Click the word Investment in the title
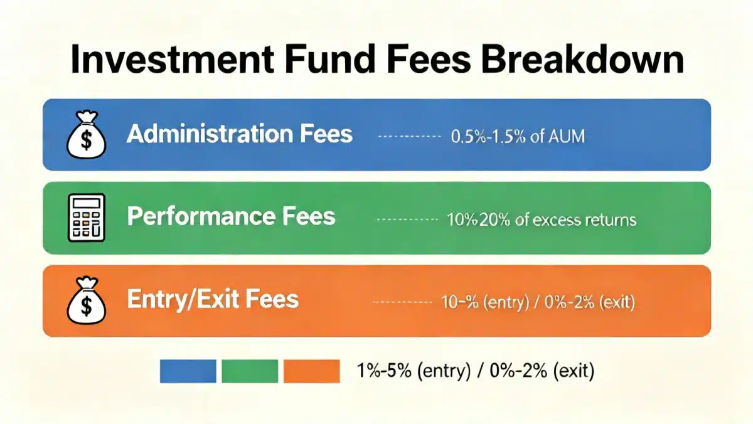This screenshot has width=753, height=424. (173, 59)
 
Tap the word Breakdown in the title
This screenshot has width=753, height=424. (582, 59)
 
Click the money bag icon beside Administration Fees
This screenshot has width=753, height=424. (87, 134)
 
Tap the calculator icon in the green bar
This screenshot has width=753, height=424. (87, 218)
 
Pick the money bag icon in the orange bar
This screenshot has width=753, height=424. (87, 300)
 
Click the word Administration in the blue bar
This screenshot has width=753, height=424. (210, 134)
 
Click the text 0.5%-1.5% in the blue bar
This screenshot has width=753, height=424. (488, 136)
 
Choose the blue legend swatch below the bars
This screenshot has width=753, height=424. (188, 371)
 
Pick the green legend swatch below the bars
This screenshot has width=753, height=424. (250, 371)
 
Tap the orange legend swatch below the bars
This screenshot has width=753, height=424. (312, 371)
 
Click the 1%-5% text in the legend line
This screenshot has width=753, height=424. (384, 371)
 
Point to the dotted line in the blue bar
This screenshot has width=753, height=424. (409, 136)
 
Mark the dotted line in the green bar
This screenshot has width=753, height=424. (406, 220)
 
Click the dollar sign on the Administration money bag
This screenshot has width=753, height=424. (87, 140)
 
